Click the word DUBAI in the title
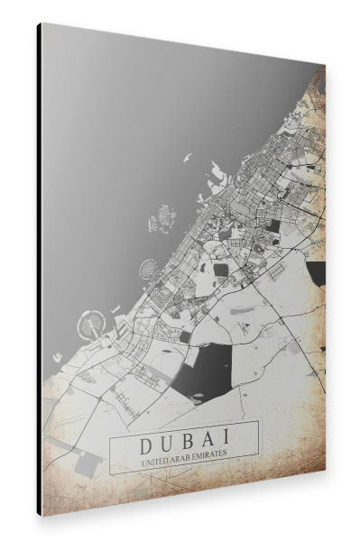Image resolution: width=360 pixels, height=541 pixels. click(x=184, y=445)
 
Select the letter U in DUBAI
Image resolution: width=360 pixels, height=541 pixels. click(x=165, y=446)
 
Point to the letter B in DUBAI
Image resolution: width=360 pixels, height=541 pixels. click(x=185, y=445)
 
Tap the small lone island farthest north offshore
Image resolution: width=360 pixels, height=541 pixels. click(x=187, y=158)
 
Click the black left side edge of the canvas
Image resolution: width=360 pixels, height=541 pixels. click(x=40, y=270)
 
